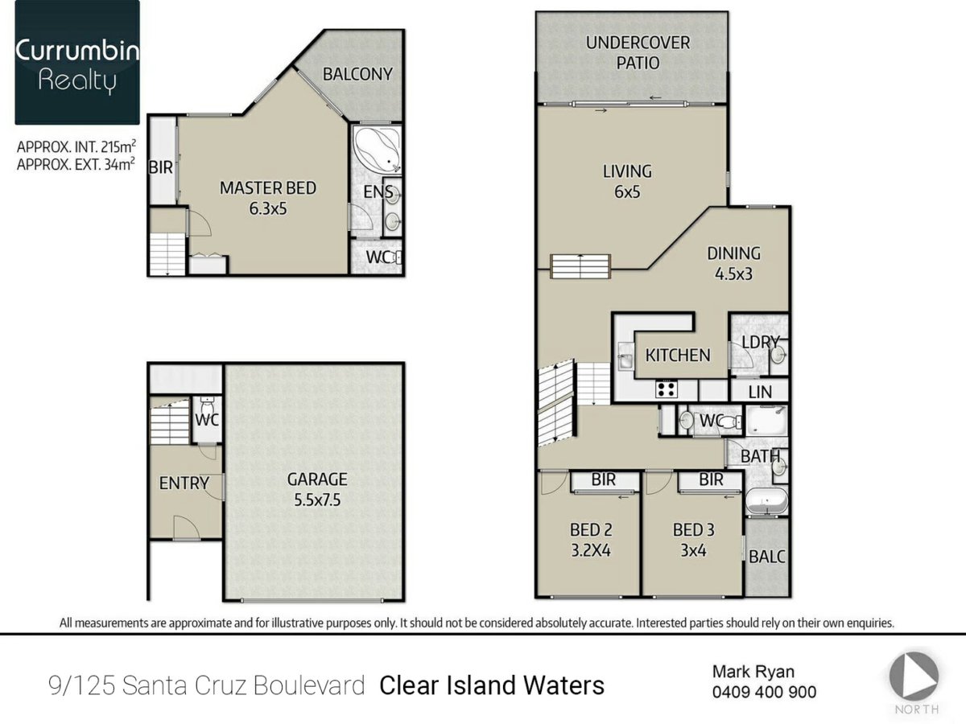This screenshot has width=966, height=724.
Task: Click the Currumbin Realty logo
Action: [x=77, y=63]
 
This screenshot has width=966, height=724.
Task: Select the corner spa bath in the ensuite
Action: [x=378, y=148]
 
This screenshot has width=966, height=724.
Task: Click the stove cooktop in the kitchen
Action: [x=666, y=389]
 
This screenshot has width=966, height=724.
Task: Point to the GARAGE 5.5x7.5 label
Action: [x=317, y=490]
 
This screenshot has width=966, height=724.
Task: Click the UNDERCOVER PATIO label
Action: [x=638, y=53]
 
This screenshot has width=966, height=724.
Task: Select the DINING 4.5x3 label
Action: [x=733, y=263]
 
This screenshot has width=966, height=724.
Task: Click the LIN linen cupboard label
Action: [x=760, y=392]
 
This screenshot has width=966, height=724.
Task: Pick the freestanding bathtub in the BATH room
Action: [x=766, y=500]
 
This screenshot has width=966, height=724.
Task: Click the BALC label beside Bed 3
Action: [x=767, y=557]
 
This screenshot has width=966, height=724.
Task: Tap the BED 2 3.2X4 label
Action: [x=591, y=541]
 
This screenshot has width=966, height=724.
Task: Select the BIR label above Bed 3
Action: [x=711, y=479]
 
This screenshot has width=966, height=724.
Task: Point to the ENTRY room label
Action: [x=184, y=483]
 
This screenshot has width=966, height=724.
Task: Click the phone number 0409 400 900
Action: [x=764, y=692]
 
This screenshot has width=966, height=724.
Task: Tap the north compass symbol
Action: [x=914, y=676]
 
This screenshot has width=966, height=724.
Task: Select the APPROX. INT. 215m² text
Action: [x=76, y=146]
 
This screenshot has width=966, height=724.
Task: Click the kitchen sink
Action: [x=625, y=356]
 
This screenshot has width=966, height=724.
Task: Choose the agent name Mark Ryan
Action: [x=753, y=672]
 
